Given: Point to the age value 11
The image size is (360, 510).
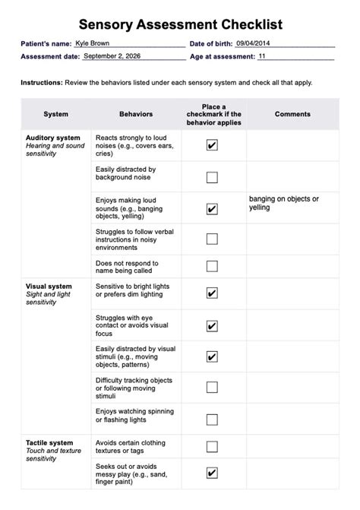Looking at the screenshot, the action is point(263,56).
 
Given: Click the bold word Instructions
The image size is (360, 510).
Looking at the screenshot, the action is point(42,82).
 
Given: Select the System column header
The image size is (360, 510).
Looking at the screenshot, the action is point(55,114).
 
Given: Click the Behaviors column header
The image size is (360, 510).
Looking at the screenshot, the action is point(136,114).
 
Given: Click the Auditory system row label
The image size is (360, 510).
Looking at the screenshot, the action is point(52,138).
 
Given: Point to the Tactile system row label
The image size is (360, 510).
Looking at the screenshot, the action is point(49,442).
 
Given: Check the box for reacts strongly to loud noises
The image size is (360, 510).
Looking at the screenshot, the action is point(212,145).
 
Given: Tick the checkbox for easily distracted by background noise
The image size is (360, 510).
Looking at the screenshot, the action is point(212,177).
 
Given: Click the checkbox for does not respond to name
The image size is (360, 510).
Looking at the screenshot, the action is point(212,266).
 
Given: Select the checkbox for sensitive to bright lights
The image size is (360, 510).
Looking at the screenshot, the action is point(212,293).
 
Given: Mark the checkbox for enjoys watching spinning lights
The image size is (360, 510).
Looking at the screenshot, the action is point(212,416).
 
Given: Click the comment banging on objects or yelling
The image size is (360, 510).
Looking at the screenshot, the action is point(284,203).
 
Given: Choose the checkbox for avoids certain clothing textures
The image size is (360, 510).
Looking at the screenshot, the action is point(212,447).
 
